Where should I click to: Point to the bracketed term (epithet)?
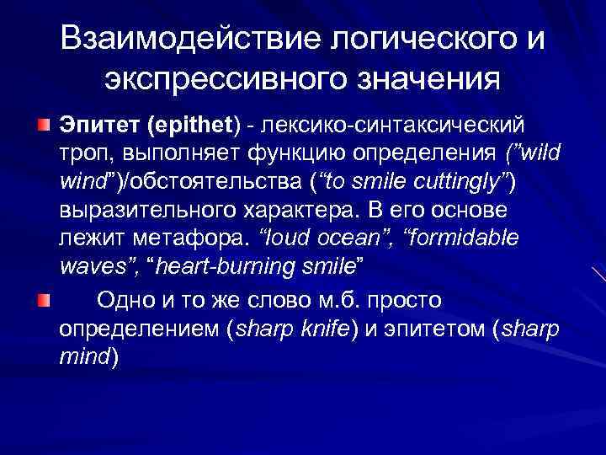coord(194,125)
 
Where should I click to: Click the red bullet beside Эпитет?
coord(43,126)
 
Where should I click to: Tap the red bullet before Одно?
coord(43,300)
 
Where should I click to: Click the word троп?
coord(83,153)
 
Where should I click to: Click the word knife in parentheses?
coord(324,329)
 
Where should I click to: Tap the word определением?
coord(140,329)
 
